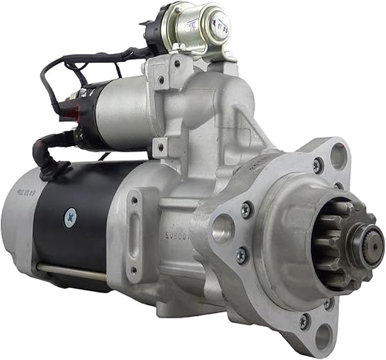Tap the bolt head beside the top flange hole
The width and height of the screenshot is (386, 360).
click(317, 165)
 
